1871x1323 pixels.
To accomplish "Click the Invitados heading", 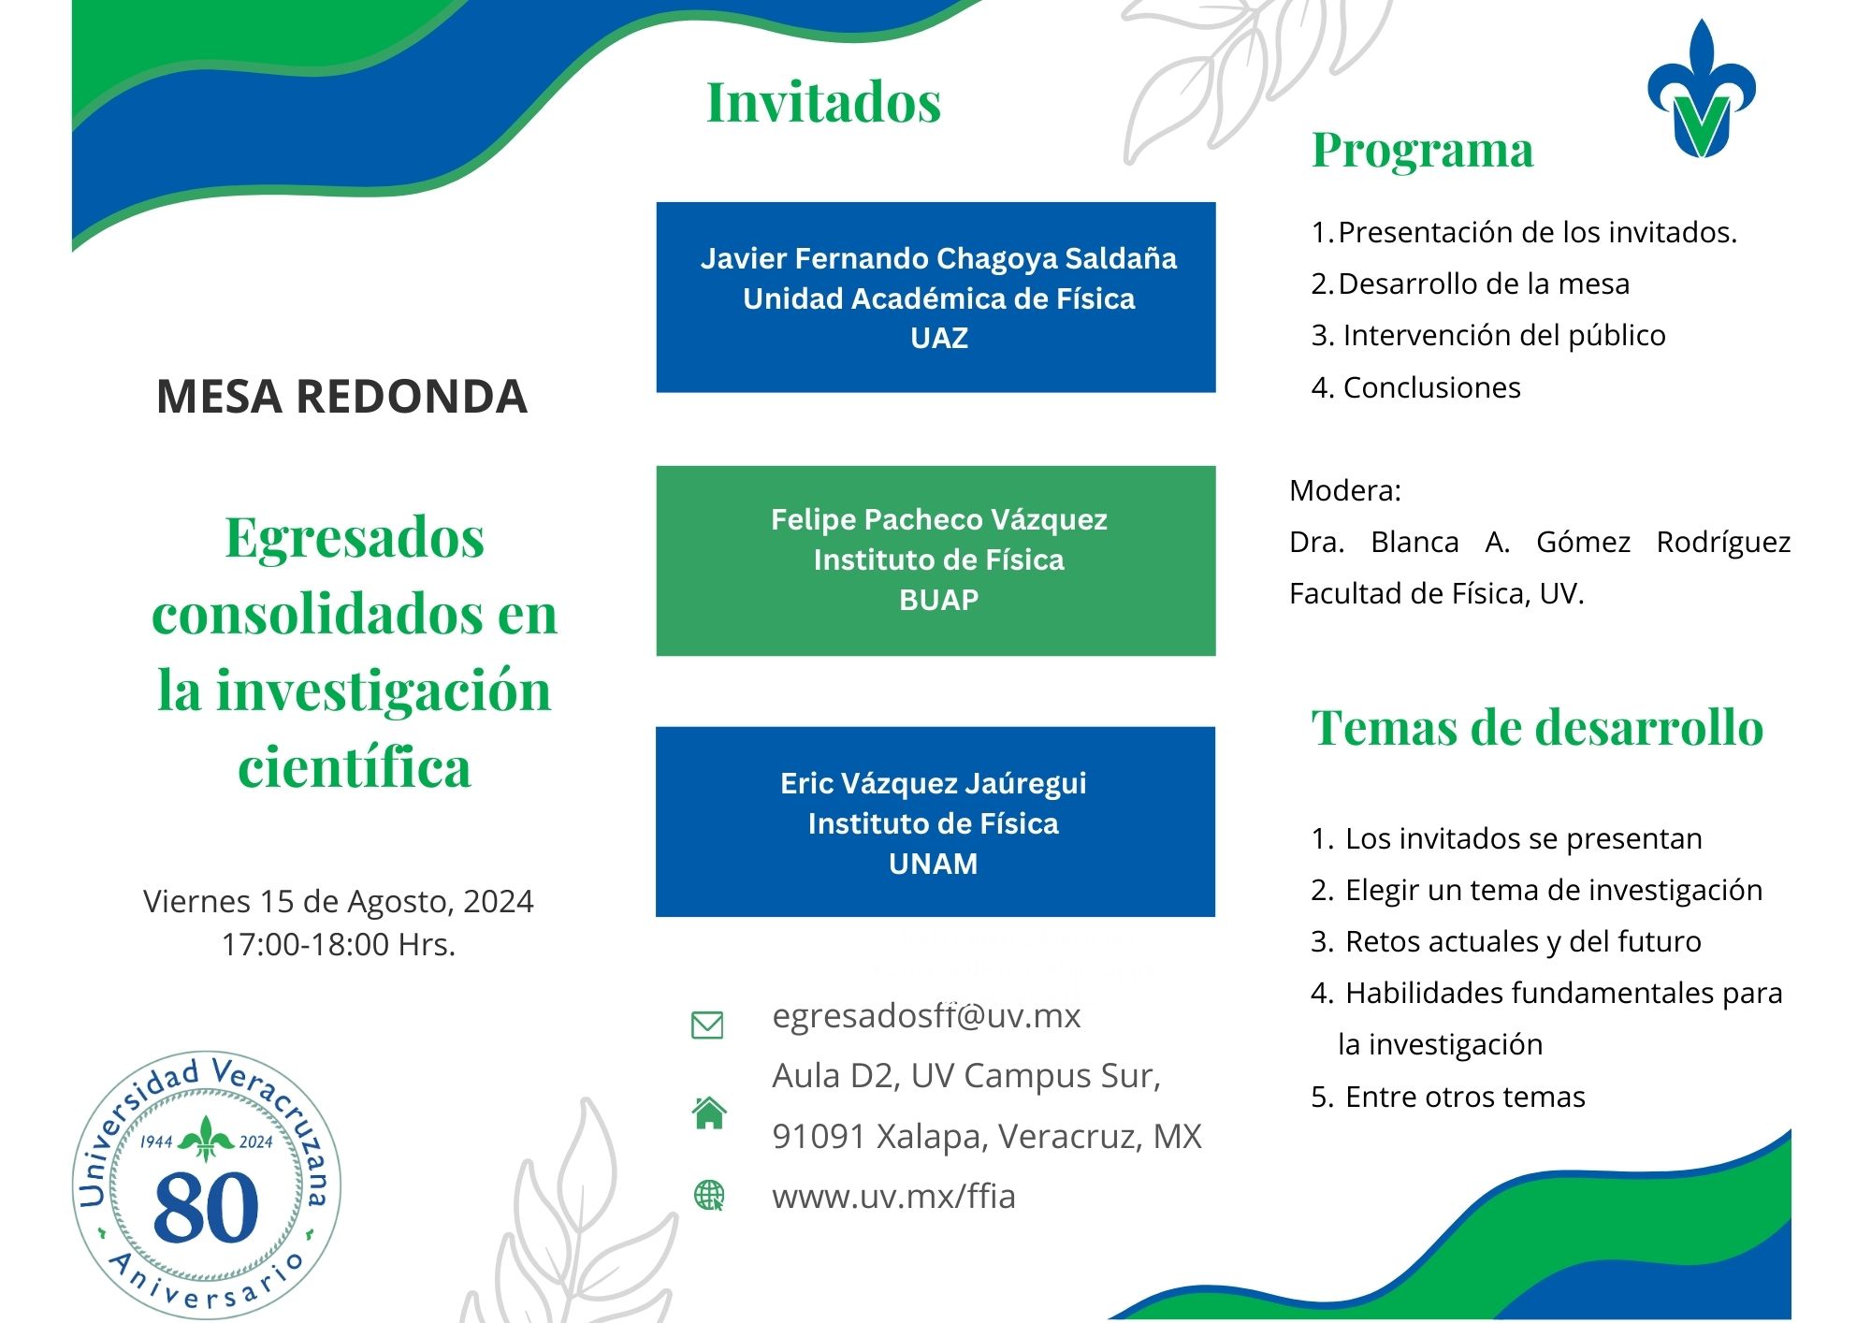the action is point(823,102).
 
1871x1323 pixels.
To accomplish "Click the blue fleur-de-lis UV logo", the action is point(1701,89).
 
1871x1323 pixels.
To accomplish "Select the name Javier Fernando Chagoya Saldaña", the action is point(938,258).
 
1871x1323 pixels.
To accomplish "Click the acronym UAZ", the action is point(939,338).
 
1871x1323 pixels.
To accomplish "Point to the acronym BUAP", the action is point(939,600).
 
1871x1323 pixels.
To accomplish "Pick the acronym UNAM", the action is point(934,864).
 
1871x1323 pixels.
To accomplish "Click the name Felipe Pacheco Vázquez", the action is point(939,519).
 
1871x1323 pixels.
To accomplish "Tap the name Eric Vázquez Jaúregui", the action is point(934,783).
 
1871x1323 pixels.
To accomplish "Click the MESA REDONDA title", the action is point(341,397).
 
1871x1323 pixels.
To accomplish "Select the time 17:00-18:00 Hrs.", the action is point(339,944).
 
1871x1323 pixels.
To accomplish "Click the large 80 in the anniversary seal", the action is point(206,1208).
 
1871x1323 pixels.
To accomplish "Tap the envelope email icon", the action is point(707,1025).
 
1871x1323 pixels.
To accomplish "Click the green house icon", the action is point(709,1112).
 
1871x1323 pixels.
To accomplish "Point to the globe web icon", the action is point(709,1195).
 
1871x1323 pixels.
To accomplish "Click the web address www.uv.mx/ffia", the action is point(893,1197).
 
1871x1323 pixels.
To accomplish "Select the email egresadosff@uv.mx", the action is point(926,1016).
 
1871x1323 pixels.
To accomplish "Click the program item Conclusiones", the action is point(1431,387).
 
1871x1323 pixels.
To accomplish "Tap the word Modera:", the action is point(1345,490).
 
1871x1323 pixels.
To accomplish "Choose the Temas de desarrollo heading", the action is point(1537,727).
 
